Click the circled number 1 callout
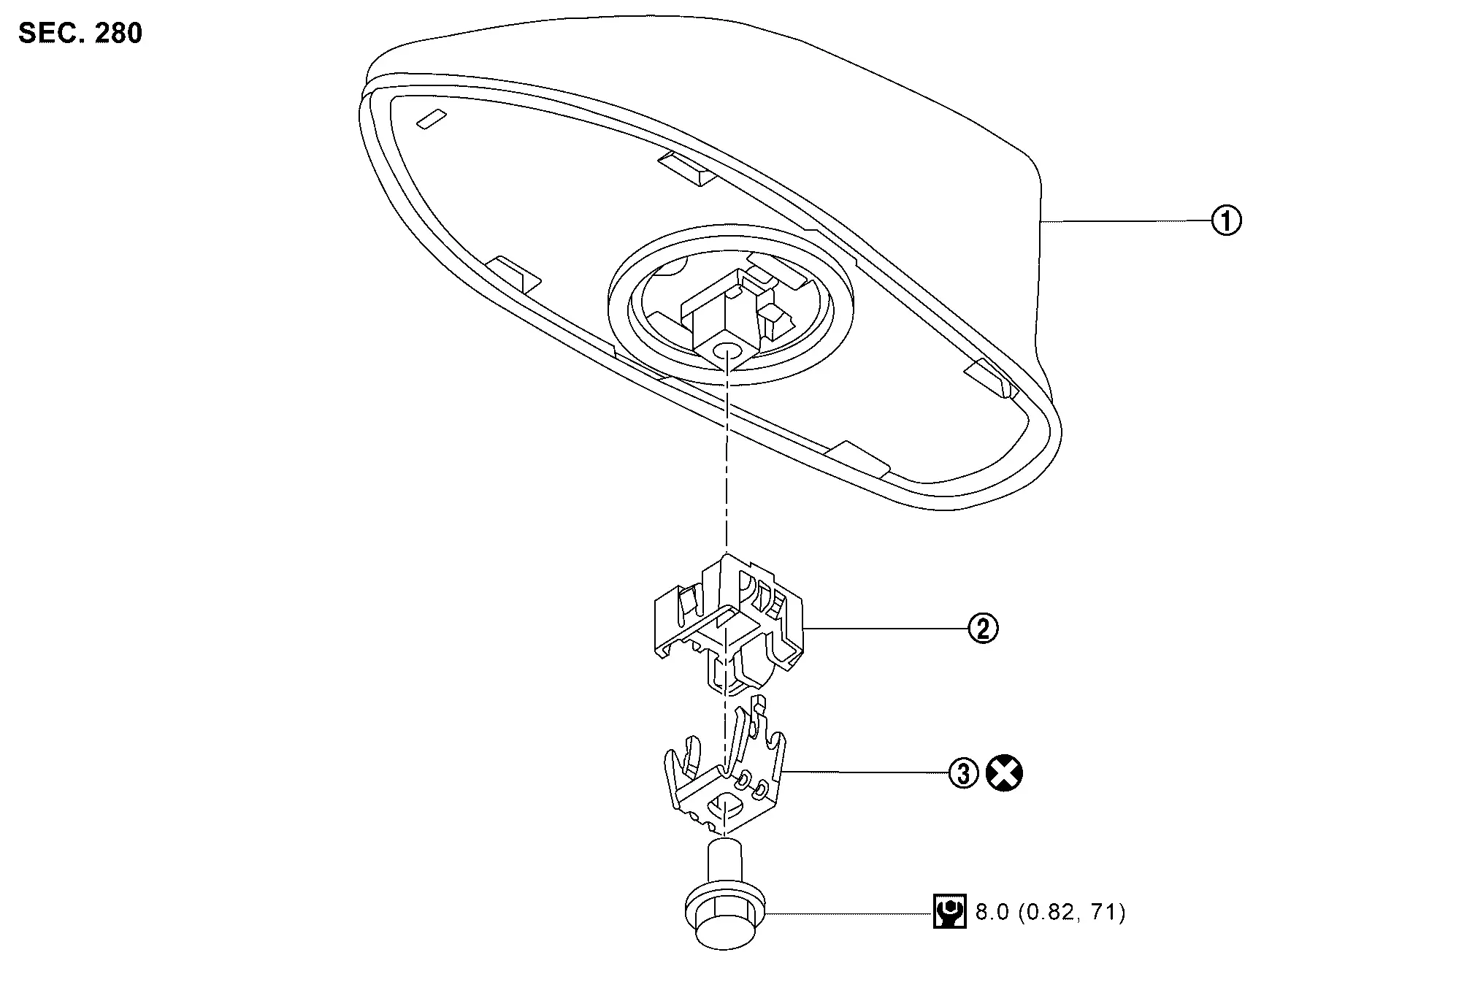pyautogui.click(x=1226, y=220)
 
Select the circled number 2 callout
pyautogui.click(x=983, y=628)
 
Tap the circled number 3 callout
pyautogui.click(x=963, y=773)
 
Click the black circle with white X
pyautogui.click(x=1005, y=773)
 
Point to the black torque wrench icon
pyautogui.click(x=949, y=911)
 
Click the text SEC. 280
pyautogui.click(x=80, y=34)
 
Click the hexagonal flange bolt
pyautogui.click(x=725, y=913)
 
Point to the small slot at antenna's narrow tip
pyautogui.click(x=430, y=120)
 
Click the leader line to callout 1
pyautogui.click(x=1125, y=220)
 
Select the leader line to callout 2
pyautogui.click(x=884, y=628)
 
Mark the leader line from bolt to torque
pyautogui.click(x=847, y=913)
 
